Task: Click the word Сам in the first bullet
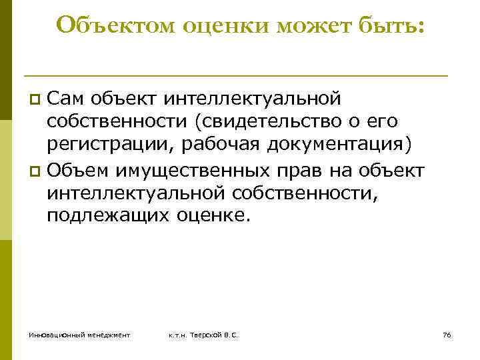point(67,99)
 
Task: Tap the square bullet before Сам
point(37,100)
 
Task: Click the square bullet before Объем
point(37,171)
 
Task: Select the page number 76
point(447,334)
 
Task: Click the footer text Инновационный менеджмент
point(79,334)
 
